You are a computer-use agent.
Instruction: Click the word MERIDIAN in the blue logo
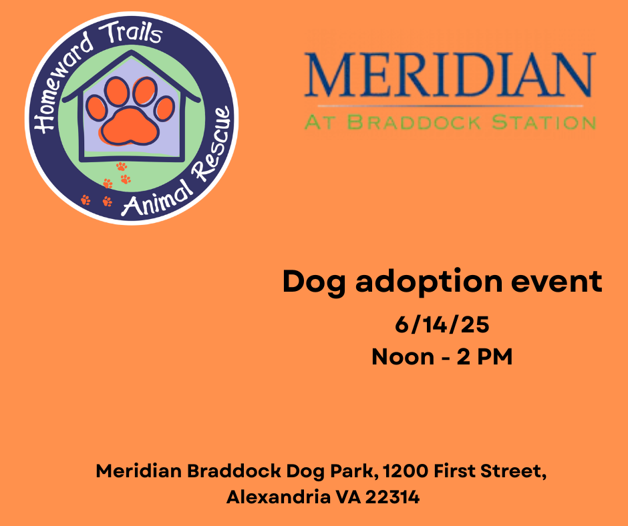[450, 75]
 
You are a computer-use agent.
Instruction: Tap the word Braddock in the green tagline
[414, 122]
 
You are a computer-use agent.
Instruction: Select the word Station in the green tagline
[544, 122]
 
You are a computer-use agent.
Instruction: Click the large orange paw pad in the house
[129, 126]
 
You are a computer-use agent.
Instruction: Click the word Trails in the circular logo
[130, 33]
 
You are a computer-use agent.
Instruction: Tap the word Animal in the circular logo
[157, 198]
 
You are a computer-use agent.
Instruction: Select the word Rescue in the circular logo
[211, 142]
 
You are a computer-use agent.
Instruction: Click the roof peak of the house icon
[132, 51]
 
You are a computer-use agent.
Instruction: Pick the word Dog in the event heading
[314, 282]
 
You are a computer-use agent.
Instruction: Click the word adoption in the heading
[428, 282]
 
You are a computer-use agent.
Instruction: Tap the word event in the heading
[557, 282]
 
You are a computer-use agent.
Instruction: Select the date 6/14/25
[442, 324]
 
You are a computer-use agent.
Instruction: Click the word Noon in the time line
[403, 356]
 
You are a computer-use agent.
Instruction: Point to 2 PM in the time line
[484, 356]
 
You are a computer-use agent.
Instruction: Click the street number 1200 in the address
[406, 471]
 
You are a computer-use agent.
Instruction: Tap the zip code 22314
[393, 497]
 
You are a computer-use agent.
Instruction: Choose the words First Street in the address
[490, 471]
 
